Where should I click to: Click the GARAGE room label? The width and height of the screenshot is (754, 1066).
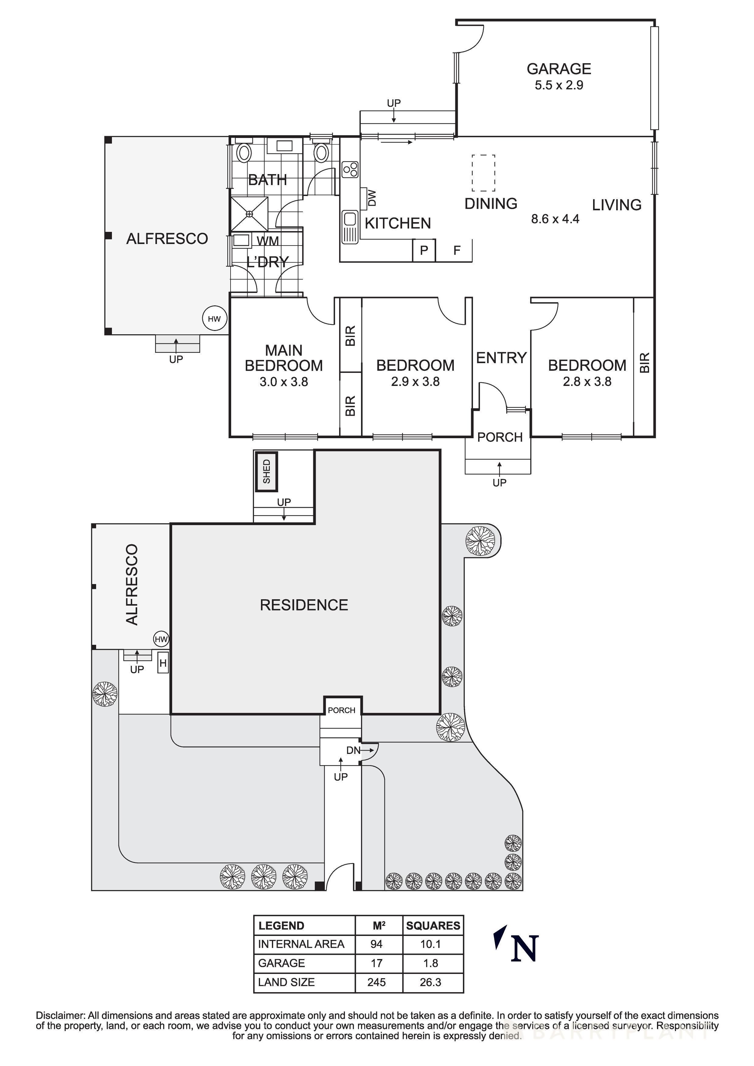[558, 69]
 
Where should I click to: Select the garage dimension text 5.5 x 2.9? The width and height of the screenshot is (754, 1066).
[558, 85]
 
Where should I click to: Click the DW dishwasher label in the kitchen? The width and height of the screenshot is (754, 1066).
[372, 198]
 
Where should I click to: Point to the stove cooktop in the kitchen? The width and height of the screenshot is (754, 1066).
[350, 170]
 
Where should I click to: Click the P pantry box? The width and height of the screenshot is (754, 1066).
[424, 251]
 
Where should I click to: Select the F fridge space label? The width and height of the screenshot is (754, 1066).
[457, 251]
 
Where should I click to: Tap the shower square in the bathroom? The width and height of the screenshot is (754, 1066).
[249, 214]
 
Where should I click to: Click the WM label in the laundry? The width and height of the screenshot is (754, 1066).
[268, 241]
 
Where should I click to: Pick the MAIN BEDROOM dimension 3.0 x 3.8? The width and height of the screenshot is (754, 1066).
[283, 382]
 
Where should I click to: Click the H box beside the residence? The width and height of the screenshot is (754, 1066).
[163, 663]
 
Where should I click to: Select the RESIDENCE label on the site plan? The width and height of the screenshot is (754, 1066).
[304, 605]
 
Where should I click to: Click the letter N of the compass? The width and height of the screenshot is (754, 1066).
[524, 948]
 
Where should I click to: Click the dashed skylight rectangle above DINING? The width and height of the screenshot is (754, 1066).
[483, 173]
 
